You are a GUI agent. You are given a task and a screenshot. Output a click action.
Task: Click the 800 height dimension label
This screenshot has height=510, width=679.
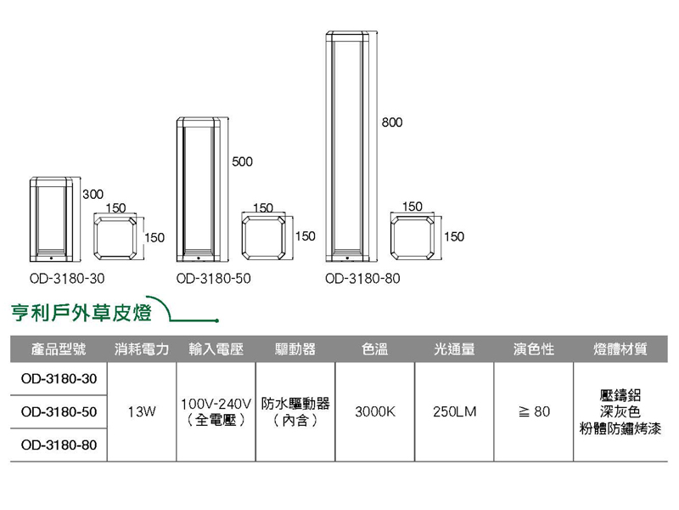(391, 123)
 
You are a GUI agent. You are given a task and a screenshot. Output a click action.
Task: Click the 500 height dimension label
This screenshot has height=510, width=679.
(243, 161)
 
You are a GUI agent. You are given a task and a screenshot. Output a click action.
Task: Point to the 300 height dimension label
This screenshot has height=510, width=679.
(93, 195)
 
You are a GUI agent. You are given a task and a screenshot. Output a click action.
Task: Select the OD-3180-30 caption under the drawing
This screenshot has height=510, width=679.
(66, 278)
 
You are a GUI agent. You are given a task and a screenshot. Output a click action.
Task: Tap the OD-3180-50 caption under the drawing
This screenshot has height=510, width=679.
(214, 278)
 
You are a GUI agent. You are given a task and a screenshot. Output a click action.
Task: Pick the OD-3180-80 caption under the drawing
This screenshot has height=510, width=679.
(362, 278)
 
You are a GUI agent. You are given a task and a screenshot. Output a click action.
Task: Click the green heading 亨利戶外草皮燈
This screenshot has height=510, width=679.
(81, 313)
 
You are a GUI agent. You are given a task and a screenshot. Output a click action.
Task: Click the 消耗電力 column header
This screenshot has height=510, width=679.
(142, 349)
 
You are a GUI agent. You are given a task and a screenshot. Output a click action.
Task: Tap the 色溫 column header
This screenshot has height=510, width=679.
(374, 349)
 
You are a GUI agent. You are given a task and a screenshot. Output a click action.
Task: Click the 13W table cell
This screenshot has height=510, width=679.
(142, 412)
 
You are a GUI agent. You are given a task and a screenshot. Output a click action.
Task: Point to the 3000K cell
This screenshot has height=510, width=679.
(375, 412)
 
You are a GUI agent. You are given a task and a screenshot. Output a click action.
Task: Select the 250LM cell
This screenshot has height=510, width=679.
(454, 412)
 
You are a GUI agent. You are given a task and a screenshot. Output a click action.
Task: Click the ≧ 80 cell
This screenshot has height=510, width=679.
(534, 412)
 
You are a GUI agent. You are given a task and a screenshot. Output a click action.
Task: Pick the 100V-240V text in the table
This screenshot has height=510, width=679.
(216, 403)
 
